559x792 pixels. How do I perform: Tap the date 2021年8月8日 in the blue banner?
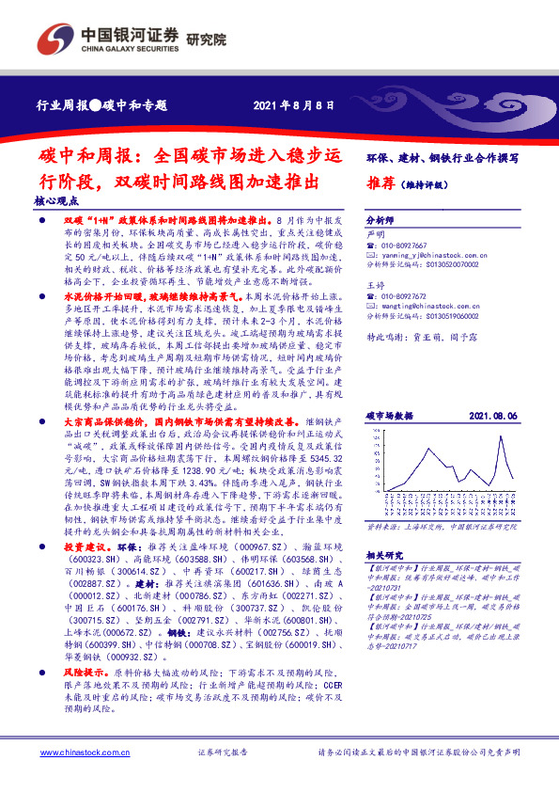click(x=293, y=104)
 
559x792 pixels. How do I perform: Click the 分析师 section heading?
click(x=380, y=214)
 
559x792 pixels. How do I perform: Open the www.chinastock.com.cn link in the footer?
click(x=81, y=753)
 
